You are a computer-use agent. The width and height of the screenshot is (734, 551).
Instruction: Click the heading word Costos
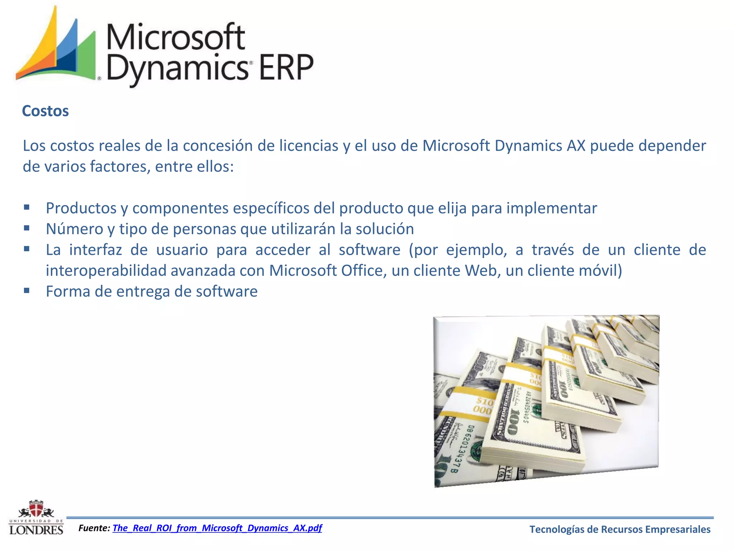[x=45, y=111]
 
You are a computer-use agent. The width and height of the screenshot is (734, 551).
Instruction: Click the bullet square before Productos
[x=27, y=207]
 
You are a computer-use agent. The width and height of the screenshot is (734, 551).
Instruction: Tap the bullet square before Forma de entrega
[x=27, y=290]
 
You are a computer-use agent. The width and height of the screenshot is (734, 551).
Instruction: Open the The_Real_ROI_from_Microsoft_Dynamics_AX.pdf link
[x=217, y=528]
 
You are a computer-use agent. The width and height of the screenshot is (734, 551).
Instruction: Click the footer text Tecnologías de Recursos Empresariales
[x=620, y=529]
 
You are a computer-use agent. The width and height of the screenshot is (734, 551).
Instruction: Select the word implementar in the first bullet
[x=552, y=208]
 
